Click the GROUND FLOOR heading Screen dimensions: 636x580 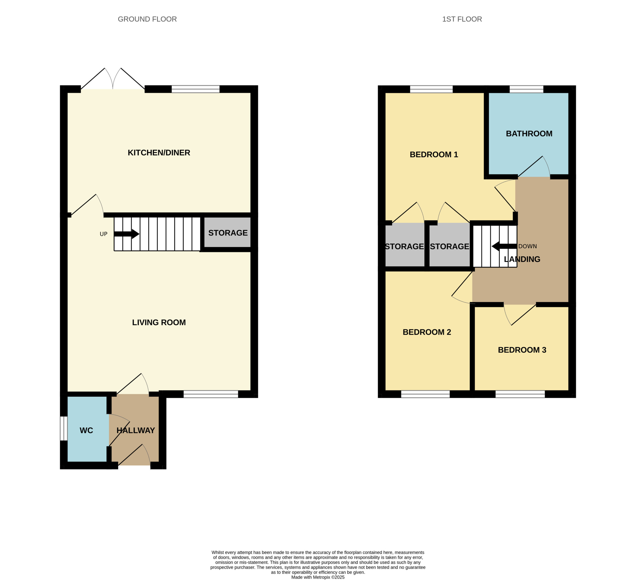coord(147,19)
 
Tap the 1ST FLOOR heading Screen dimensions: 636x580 coord(462,19)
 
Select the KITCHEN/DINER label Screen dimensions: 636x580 coord(159,152)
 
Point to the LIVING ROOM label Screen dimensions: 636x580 coord(159,322)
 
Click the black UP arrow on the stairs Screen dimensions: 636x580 coord(126,234)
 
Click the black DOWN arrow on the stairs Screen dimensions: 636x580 coord(504,246)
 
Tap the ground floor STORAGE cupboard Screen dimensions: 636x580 coord(228,233)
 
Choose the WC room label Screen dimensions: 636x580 coord(86,430)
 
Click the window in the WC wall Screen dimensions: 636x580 coord(64,428)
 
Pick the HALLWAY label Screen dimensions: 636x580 coord(136,430)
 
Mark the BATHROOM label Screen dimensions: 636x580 coord(529,134)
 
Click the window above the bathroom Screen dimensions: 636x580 coord(526,89)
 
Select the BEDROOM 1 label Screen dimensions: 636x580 coord(434,154)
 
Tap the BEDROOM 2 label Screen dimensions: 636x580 coord(427,332)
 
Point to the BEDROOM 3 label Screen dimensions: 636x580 coord(522,350)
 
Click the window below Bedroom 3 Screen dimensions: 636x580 coord(520,394)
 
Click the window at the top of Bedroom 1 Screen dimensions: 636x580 coord(431,89)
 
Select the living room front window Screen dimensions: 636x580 coord(211,394)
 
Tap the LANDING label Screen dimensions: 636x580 coord(522,259)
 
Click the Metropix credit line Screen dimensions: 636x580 coord(318,577)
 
